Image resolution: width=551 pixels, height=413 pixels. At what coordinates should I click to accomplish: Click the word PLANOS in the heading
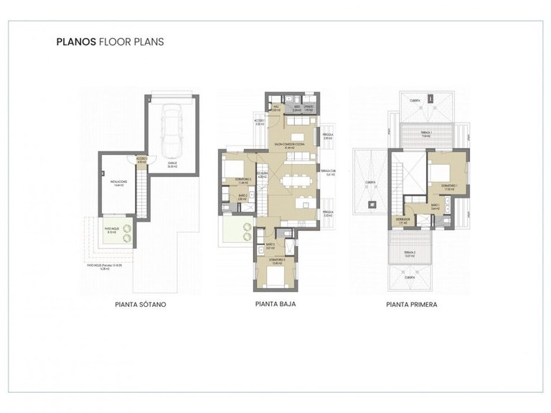74,42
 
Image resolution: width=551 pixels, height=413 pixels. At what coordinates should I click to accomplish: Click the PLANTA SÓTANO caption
141,304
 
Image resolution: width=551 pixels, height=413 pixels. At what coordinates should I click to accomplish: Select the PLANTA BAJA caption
275,304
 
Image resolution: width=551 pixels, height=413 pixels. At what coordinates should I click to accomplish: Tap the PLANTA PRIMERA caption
412,304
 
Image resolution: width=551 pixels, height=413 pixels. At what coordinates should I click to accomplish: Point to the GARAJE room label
172,163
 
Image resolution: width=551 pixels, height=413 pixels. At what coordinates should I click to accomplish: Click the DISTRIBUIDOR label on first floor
402,221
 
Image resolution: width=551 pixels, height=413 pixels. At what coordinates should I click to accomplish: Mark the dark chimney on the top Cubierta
430,98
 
